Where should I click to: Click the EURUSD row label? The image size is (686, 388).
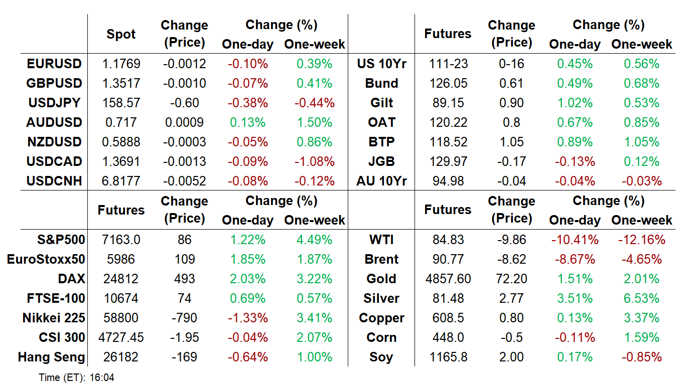[54, 64]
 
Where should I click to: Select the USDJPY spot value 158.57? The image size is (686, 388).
[121, 103]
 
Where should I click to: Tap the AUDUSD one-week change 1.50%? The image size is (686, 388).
[315, 122]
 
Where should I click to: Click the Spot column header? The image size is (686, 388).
[121, 34]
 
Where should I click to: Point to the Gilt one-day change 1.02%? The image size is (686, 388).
[575, 103]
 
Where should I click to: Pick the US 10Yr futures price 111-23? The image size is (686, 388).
[448, 64]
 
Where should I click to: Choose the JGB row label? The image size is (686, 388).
[381, 161]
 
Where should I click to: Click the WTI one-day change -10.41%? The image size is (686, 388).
[575, 240]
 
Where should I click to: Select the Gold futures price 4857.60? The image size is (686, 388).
[448, 279]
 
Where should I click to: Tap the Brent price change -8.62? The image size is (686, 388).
[511, 259]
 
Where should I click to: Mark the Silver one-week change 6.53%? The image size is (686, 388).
[642, 298]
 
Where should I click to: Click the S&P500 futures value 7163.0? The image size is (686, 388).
[121, 240]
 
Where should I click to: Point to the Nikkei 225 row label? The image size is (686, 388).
[54, 318]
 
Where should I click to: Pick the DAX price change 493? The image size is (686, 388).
[184, 279]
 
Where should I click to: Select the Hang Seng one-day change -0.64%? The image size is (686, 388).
[248, 357]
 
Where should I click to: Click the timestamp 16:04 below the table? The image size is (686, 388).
[102, 377]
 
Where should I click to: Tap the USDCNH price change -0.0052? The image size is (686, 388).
[184, 181]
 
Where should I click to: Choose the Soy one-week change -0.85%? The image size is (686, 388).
[642, 357]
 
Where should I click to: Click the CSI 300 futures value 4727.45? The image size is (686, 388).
[121, 337]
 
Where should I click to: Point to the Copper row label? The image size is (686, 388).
[381, 318]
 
